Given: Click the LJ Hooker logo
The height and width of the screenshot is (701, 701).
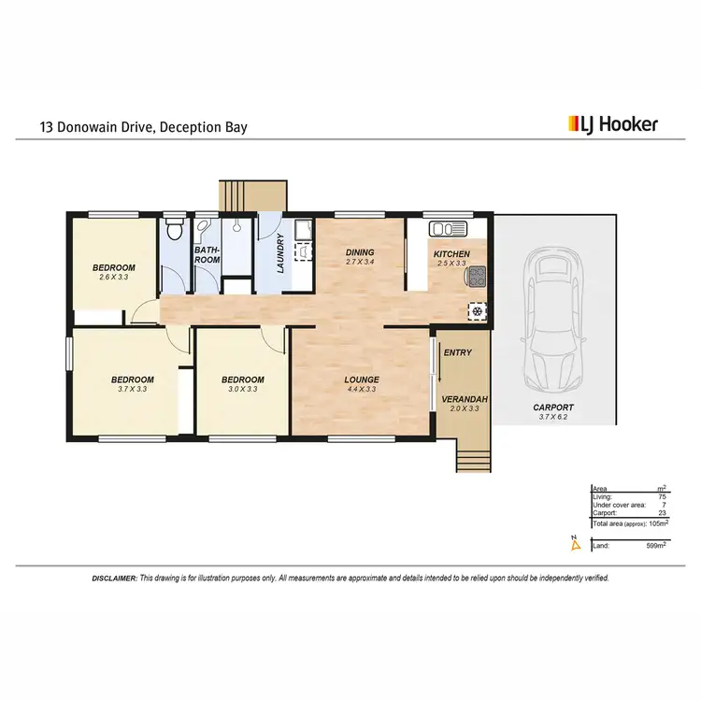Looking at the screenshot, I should pyautogui.click(x=613, y=123).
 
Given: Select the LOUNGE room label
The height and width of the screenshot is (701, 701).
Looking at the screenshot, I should pyautogui.click(x=360, y=379).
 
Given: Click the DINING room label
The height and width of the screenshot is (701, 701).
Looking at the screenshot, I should pyautogui.click(x=360, y=252).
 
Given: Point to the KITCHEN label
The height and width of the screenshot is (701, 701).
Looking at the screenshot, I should pyautogui.click(x=451, y=253).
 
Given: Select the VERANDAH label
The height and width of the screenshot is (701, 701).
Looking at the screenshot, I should pyautogui.click(x=460, y=399).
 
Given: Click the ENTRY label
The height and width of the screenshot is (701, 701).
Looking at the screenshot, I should pyautogui.click(x=458, y=352).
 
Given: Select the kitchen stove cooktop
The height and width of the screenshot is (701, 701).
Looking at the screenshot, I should pyautogui.click(x=478, y=275).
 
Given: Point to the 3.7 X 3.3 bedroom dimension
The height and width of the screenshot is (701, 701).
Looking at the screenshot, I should pyautogui.click(x=133, y=389).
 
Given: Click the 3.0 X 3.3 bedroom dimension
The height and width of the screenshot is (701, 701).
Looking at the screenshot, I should pyautogui.click(x=242, y=389).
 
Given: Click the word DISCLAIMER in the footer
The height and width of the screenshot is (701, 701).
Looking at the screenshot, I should pyautogui.click(x=114, y=579).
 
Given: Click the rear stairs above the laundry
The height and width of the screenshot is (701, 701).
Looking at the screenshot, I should pyautogui.click(x=252, y=194).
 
